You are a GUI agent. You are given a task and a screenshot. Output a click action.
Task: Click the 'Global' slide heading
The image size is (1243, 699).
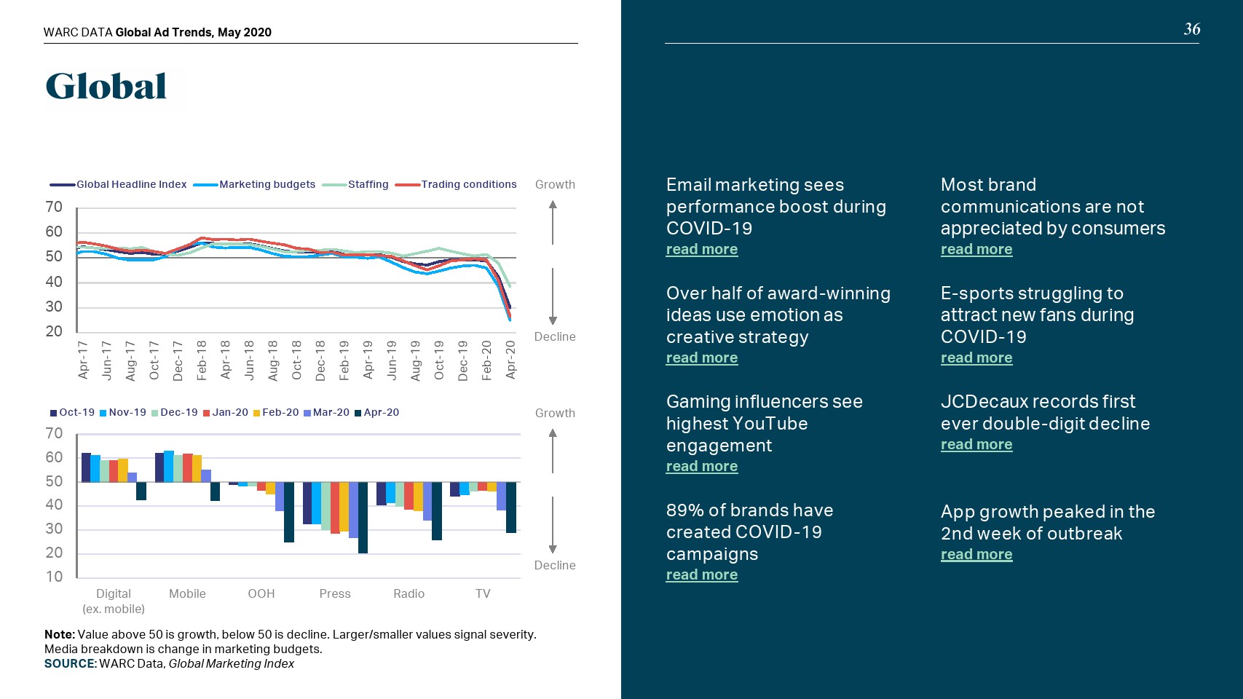(x=106, y=87)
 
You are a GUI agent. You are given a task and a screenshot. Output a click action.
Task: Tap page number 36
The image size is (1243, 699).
(x=1191, y=29)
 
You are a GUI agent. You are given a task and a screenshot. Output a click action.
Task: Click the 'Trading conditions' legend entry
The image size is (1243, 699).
(x=468, y=184)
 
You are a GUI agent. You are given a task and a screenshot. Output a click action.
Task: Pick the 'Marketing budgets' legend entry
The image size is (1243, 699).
(x=267, y=184)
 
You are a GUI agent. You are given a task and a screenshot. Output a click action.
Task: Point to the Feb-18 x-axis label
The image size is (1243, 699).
(x=202, y=360)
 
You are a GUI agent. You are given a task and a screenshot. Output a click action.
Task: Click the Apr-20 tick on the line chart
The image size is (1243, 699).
(x=510, y=360)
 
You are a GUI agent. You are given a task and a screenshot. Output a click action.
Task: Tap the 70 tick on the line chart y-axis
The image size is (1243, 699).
(x=54, y=208)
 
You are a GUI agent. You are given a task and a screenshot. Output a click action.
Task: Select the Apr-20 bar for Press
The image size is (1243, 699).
(x=363, y=518)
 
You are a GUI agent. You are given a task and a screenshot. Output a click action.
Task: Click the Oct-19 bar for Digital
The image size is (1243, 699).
(x=86, y=467)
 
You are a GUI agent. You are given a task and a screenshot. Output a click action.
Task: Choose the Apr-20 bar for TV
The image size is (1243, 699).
(x=511, y=508)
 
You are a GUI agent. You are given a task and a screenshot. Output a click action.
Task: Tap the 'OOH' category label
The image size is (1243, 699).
(x=261, y=593)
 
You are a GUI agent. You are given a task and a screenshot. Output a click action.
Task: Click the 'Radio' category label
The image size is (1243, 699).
(x=409, y=593)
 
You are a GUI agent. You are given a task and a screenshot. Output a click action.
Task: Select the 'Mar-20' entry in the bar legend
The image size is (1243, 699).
(x=331, y=412)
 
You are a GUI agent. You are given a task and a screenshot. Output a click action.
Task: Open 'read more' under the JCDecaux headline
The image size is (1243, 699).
(x=976, y=444)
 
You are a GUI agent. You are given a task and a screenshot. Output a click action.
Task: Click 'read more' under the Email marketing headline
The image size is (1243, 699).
(x=701, y=249)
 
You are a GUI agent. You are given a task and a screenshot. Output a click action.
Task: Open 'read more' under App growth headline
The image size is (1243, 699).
(x=976, y=554)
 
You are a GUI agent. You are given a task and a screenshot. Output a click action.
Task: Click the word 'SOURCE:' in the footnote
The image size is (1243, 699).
(x=70, y=663)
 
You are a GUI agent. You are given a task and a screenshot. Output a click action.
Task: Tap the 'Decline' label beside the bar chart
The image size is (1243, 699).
(x=554, y=565)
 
